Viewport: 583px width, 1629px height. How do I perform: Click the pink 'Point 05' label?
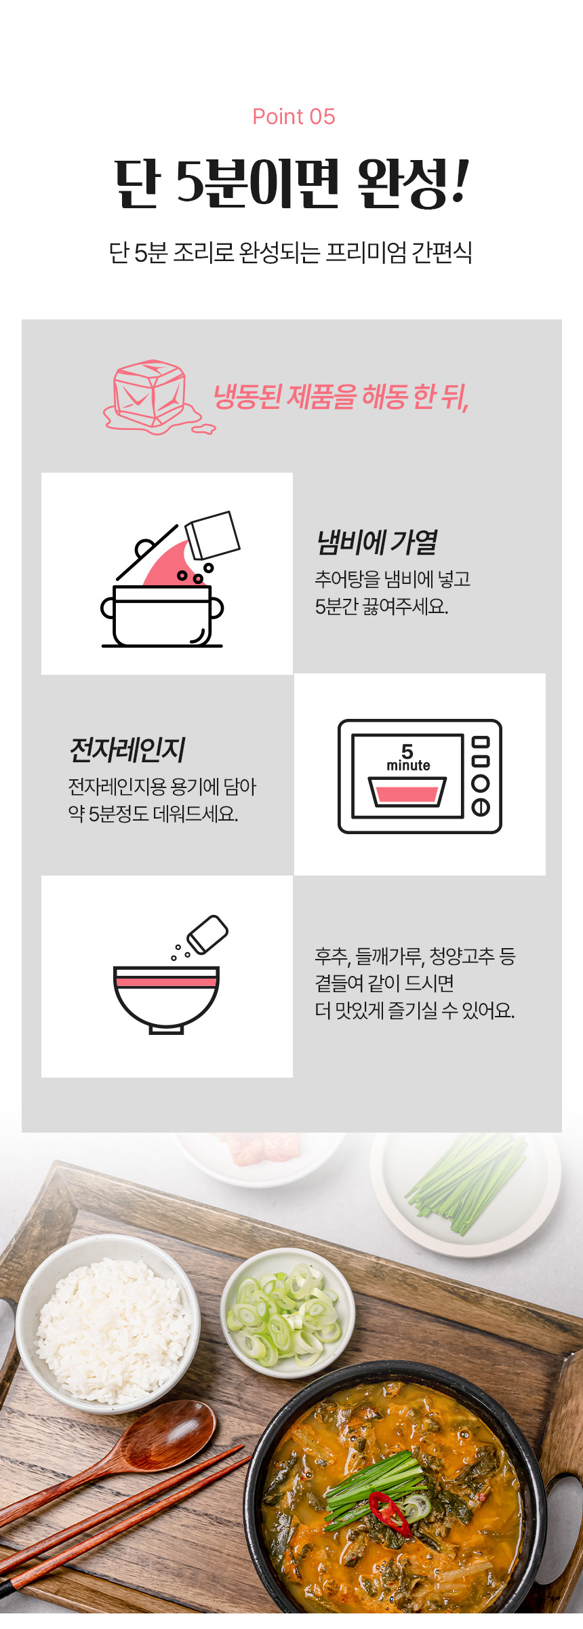pos(294,117)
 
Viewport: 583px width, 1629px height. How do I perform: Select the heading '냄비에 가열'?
pos(376,542)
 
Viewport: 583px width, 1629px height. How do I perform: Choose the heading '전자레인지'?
pos(127,749)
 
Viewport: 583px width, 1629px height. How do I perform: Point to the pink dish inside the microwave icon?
pos(407,791)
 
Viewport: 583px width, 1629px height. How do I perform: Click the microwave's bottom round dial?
pos(481,807)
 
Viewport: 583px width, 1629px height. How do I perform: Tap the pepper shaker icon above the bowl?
pos(207,935)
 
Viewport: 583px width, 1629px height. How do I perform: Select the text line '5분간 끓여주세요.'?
pos(382,606)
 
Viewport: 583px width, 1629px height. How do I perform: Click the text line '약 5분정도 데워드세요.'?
pos(153,814)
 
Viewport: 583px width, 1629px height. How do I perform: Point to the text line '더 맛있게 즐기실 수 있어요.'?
pos(415,1010)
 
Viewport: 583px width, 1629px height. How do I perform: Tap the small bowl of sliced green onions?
pos(287,1312)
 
